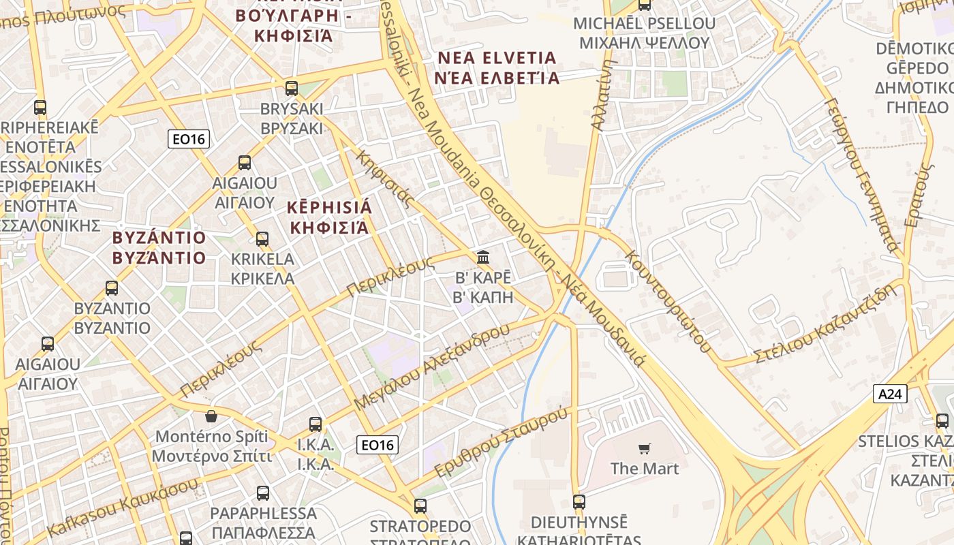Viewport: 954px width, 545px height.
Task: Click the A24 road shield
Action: click(890, 393)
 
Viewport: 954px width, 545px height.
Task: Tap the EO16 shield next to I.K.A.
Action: click(378, 446)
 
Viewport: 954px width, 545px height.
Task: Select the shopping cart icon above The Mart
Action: click(644, 448)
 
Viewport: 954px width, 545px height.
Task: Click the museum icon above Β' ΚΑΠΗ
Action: click(483, 258)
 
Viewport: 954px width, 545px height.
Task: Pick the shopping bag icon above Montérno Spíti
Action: click(211, 416)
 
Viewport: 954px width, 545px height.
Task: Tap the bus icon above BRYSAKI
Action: click(292, 88)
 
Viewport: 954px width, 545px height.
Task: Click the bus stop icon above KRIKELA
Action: click(262, 239)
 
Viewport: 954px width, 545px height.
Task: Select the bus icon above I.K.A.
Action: click(315, 424)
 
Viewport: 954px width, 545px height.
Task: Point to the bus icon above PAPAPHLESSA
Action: click(262, 493)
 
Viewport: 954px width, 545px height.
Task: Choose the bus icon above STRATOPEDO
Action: click(420, 506)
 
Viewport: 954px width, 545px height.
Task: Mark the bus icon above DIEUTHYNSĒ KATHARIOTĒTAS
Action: click(579, 502)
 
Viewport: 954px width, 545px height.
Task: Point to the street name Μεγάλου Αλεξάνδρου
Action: click(432, 367)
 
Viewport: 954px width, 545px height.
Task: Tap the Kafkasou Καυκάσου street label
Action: click(123, 507)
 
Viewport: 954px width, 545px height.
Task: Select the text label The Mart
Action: click(644, 469)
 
